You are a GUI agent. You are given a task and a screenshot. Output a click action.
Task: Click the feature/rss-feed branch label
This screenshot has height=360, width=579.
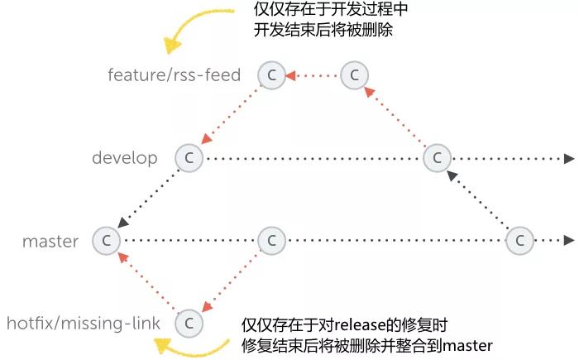point(174,75)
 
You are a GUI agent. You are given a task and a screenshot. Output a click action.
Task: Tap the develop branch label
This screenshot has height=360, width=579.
point(124,157)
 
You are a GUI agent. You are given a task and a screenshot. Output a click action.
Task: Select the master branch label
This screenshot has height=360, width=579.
point(50,242)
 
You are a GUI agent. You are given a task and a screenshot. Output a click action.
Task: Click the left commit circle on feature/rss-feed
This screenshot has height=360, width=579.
point(271,75)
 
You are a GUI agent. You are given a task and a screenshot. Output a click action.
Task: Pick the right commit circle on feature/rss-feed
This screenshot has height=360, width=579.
point(354,75)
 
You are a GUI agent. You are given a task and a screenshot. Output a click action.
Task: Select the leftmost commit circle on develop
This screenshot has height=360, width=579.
point(189,158)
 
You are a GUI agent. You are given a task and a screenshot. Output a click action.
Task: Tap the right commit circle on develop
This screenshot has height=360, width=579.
point(437,158)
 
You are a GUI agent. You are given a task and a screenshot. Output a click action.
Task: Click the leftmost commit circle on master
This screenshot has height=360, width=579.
point(106,241)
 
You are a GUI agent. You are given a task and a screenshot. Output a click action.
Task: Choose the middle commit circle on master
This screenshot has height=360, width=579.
point(271,241)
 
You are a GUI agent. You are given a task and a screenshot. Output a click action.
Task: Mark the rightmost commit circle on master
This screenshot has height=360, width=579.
point(519,241)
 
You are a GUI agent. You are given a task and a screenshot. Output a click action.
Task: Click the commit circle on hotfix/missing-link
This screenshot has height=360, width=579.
point(189,322)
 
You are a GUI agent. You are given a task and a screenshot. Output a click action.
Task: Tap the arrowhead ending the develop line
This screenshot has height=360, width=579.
point(569,158)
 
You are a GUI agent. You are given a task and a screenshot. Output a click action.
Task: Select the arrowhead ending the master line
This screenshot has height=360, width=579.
point(569,241)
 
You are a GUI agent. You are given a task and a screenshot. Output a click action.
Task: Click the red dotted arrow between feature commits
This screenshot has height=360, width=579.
point(313,75)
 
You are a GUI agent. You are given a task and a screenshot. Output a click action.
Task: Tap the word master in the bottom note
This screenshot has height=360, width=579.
point(468,345)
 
